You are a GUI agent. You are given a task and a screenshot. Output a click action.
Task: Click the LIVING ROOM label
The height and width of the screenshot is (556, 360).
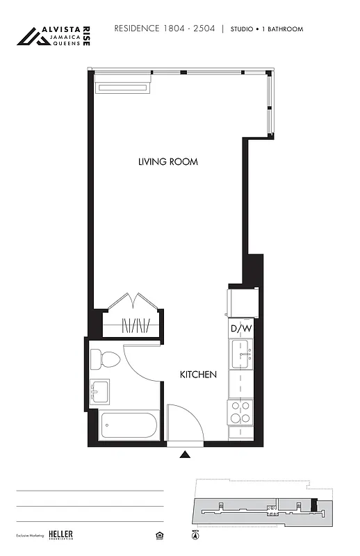point(167,162)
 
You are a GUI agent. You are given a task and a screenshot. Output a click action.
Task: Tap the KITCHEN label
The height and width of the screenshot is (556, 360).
point(198,375)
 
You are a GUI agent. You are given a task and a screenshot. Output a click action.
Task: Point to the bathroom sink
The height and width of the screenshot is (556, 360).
point(99,392)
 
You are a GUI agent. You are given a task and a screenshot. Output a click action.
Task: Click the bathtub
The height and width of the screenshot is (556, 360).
point(130,425)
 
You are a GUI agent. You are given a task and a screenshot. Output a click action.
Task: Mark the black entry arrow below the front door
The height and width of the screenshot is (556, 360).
point(185,455)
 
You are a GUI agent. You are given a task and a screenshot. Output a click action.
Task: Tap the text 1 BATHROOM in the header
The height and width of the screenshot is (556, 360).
point(283,30)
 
